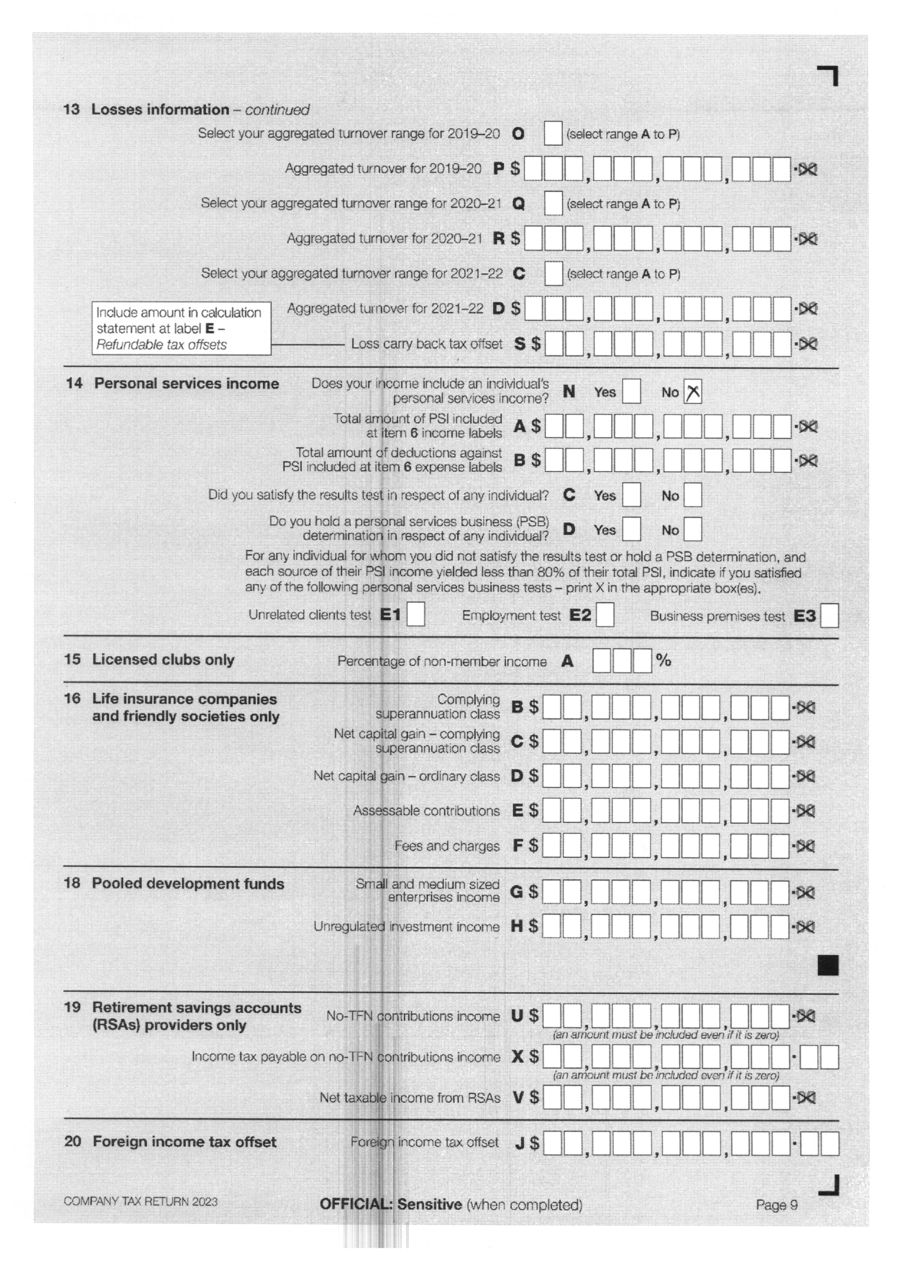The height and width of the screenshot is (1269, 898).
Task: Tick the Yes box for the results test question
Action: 631,495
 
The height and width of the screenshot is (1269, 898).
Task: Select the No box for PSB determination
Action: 692,529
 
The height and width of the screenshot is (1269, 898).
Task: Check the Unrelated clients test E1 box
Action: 416,615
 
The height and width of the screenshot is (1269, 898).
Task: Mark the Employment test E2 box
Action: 605,615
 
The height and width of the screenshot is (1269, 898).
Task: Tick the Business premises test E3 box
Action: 829,616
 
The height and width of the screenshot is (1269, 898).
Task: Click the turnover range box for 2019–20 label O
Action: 553,134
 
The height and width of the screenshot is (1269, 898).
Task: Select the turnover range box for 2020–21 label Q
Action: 553,203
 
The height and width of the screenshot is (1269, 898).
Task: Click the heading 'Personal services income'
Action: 186,384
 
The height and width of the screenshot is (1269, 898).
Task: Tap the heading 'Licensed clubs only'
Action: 163,660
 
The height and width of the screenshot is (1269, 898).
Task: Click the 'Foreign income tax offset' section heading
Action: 184,1142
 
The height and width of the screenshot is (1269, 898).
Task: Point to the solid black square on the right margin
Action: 828,965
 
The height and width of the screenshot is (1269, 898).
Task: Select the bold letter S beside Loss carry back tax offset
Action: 520,344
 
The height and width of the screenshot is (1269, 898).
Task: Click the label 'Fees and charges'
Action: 447,846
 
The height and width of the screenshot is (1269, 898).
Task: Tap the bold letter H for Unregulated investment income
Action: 517,926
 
